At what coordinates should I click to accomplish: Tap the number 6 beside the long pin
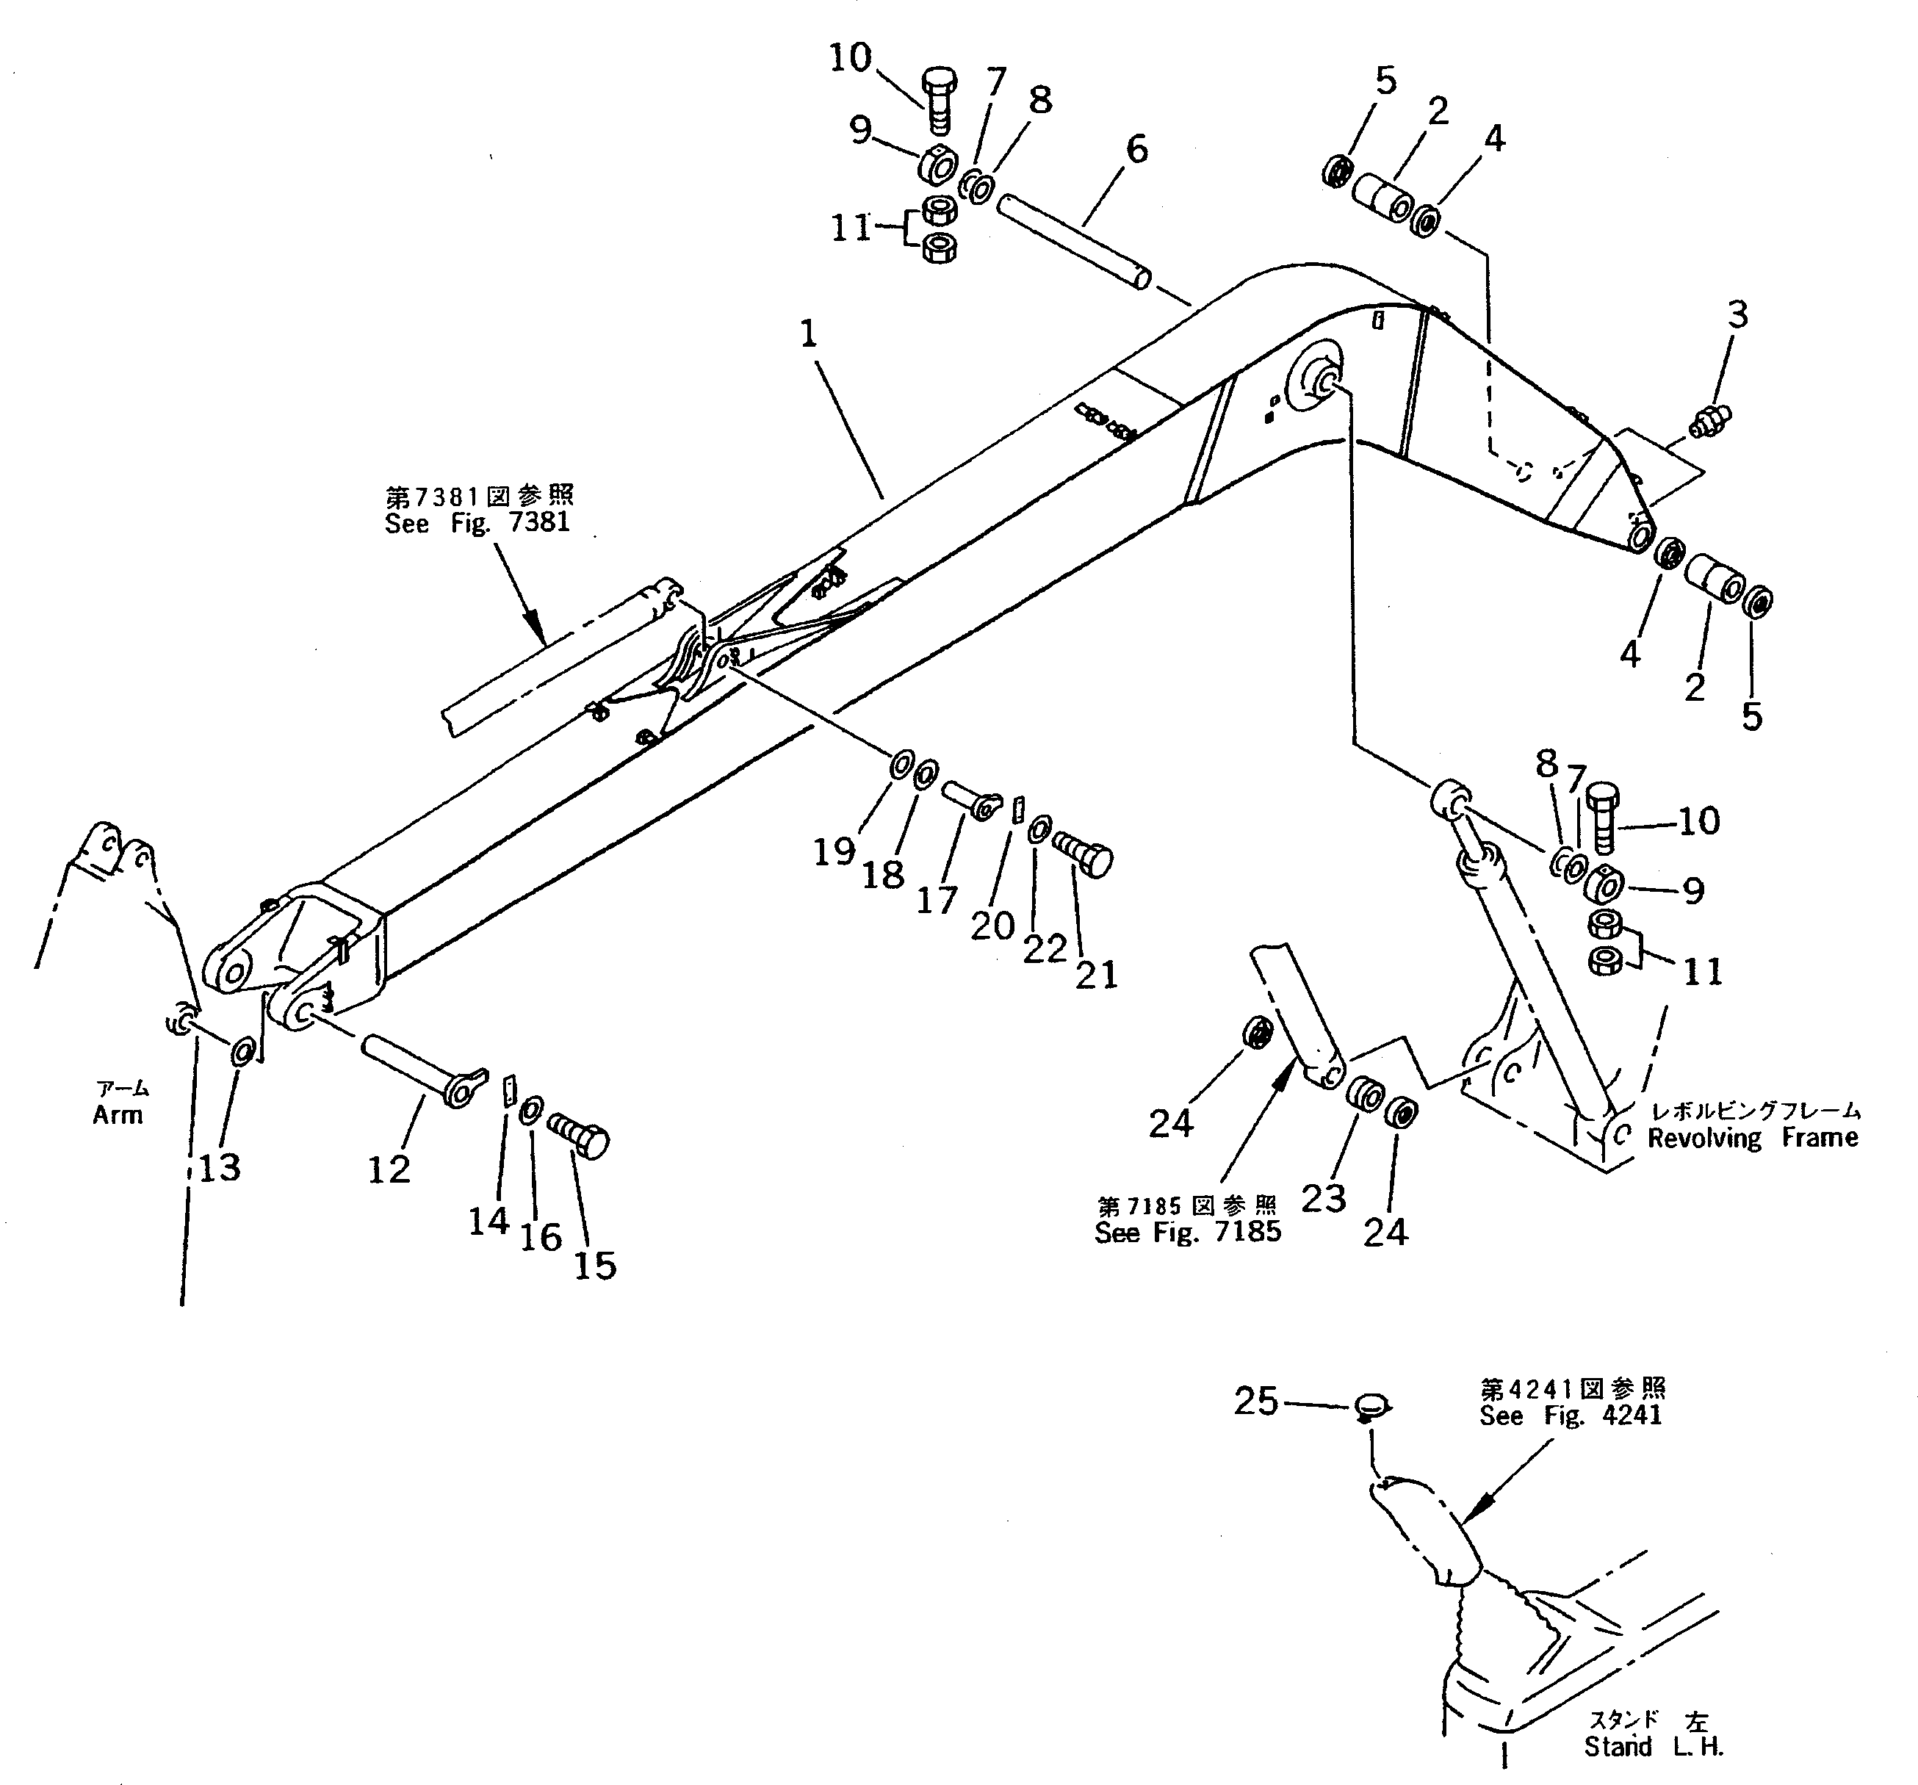click(1136, 150)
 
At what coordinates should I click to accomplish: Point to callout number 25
click(1255, 1401)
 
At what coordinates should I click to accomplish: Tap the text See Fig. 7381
click(477, 523)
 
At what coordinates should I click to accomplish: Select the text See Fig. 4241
click(1570, 1416)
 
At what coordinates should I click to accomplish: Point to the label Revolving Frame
click(1752, 1138)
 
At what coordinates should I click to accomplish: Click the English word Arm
click(118, 1114)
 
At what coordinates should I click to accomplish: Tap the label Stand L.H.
click(1653, 1745)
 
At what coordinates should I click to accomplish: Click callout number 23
click(1323, 1197)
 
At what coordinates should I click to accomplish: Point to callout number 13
click(219, 1167)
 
